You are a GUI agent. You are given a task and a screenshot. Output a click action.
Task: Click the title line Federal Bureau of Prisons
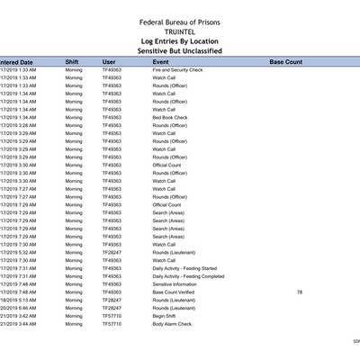(180, 22)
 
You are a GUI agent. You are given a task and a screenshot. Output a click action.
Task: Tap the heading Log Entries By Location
(180, 41)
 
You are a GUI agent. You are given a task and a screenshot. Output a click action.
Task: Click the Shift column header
(72, 62)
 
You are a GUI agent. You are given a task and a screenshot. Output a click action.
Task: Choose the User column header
(109, 62)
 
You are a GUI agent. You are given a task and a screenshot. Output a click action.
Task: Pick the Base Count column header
(286, 62)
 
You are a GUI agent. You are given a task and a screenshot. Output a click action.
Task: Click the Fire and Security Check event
(177, 69)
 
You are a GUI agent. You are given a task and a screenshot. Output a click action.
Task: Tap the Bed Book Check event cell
(170, 117)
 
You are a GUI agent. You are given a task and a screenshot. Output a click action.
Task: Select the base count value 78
(299, 292)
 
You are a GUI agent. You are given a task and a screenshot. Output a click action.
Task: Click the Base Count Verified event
(174, 292)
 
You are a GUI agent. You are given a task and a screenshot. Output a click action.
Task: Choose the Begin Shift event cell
(165, 316)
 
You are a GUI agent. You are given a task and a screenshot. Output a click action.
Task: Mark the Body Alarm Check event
(172, 323)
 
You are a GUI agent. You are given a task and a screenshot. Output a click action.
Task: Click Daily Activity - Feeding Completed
(188, 276)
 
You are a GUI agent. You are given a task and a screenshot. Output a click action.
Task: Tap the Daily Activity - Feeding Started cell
(184, 268)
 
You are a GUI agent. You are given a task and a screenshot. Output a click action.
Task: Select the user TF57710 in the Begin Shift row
(111, 316)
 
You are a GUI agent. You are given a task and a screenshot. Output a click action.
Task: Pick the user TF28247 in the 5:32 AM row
(111, 252)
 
